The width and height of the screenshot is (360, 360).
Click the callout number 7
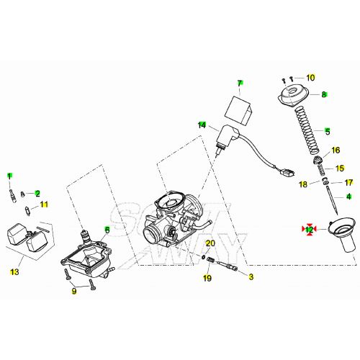240,84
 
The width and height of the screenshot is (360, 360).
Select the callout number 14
202,125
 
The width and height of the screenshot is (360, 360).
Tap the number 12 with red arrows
310,230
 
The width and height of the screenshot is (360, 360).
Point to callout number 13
14,272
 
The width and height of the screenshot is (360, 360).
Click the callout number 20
210,243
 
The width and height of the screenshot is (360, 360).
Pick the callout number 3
251,276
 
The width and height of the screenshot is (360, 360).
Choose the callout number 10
310,78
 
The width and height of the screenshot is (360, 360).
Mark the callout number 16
336,150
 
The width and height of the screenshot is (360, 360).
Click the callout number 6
107,230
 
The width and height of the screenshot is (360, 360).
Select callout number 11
44,204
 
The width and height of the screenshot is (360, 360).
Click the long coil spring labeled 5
307,131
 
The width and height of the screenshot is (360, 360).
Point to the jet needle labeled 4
332,201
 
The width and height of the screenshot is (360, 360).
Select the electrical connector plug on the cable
287,172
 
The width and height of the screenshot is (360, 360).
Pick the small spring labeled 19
210,260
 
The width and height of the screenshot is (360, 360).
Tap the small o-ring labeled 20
204,257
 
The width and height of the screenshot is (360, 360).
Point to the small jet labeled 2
23,194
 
